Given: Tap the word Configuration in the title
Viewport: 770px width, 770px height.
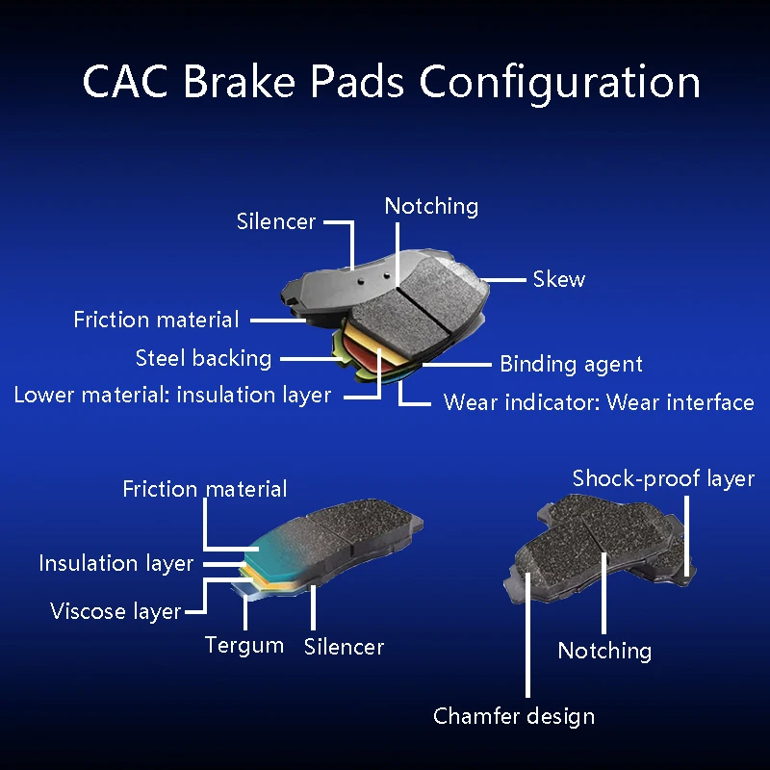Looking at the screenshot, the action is pos(559,83).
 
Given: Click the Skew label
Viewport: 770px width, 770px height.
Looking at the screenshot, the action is pos(559,279).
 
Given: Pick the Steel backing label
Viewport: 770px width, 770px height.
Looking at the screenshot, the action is pos(204,358).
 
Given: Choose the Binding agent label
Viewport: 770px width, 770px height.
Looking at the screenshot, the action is pos(571,364).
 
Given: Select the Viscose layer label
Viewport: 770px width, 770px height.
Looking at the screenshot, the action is pos(115,611).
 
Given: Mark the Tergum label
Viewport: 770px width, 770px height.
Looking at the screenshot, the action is pos(244,645).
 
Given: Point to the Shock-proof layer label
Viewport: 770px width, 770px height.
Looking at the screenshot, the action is pos(663,478).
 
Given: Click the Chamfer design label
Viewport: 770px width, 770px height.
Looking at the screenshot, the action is pos(514,716).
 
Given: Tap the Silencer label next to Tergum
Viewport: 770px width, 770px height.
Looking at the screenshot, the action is pos(344,647).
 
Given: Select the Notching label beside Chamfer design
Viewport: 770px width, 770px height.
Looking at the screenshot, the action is pos(604,651).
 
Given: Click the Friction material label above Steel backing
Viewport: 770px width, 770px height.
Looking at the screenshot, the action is pos(156,320).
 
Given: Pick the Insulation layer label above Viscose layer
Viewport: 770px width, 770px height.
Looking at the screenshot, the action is pos(116,563).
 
